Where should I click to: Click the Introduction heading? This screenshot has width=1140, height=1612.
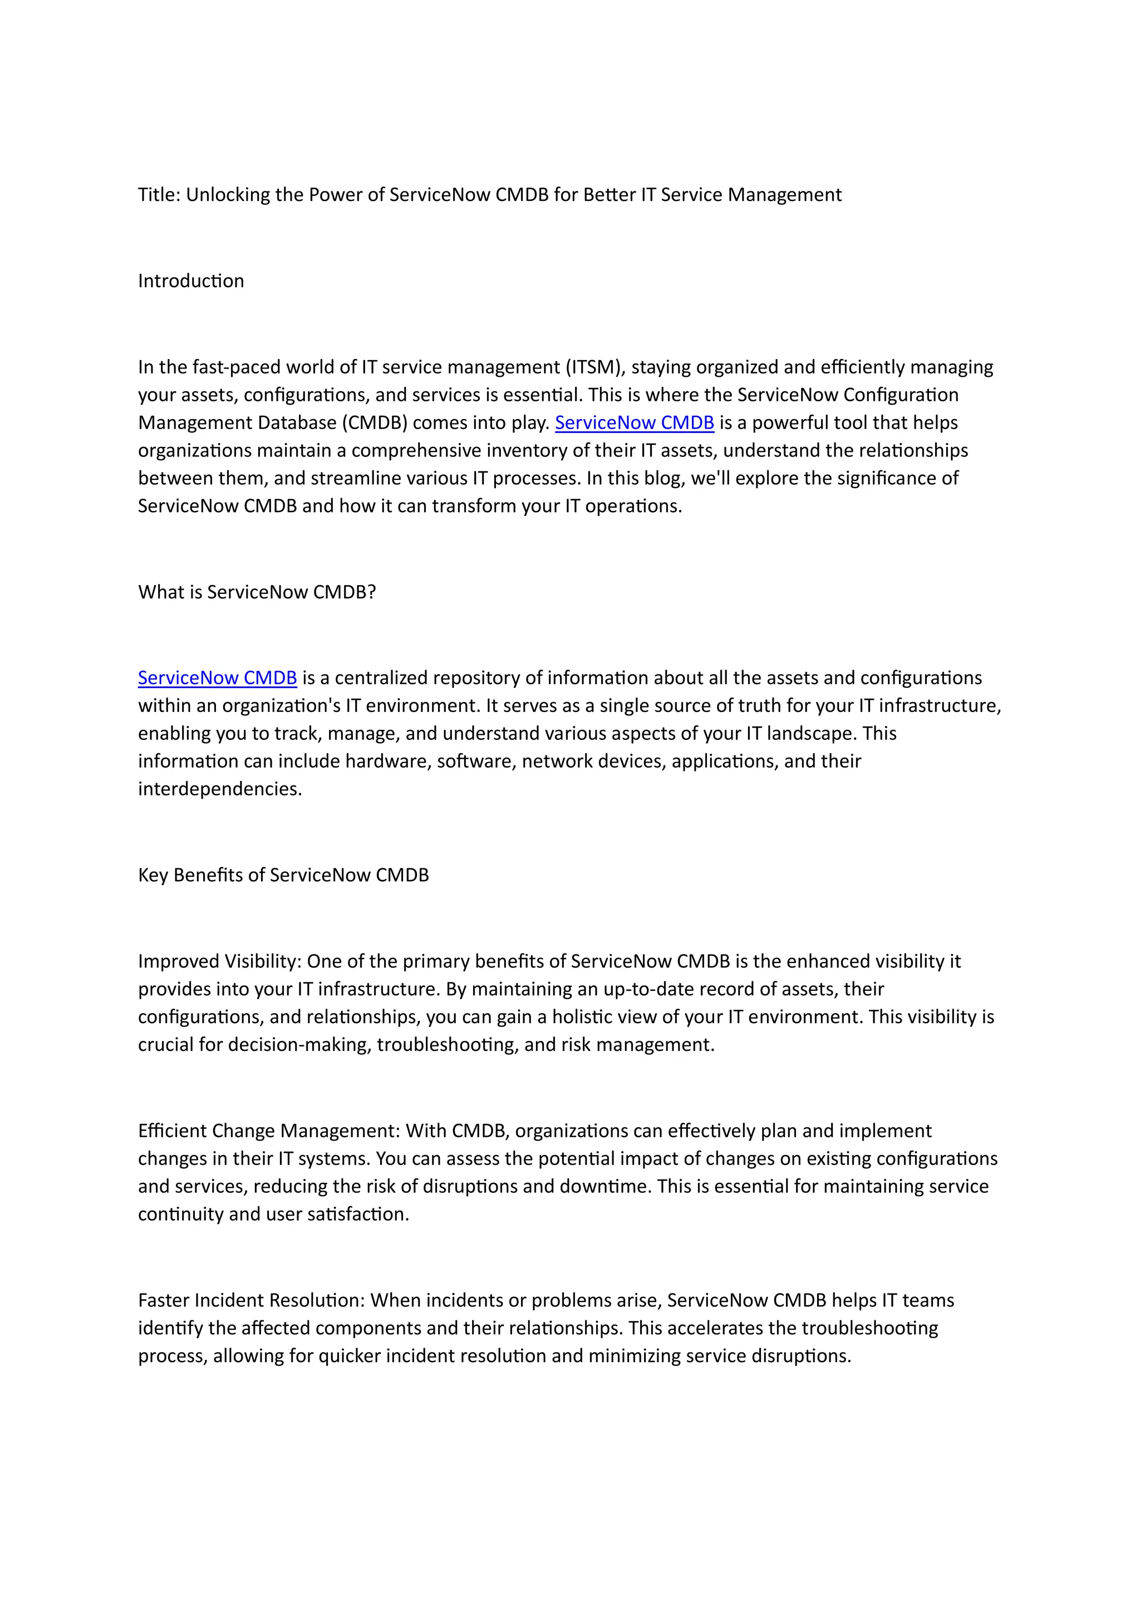[191, 281]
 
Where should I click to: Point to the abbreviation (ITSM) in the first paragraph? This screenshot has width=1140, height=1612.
[594, 367]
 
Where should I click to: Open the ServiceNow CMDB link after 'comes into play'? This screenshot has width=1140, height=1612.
[634, 422]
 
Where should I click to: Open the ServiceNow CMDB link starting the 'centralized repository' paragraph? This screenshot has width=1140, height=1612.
[217, 677]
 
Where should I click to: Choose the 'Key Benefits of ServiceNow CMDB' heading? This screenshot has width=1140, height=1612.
[283, 875]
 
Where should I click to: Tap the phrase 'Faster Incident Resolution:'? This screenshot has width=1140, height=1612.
[251, 1300]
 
